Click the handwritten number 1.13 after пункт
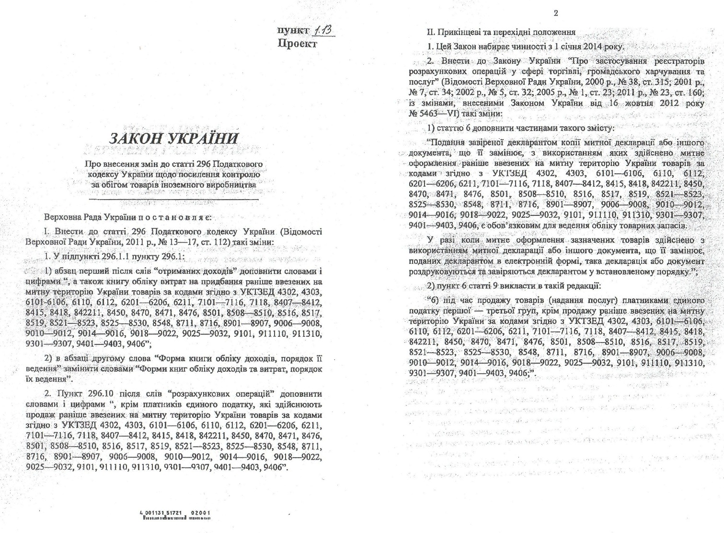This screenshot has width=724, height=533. click(x=323, y=31)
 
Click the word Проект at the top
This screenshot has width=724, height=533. click(x=297, y=44)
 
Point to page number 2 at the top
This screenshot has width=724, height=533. click(x=556, y=13)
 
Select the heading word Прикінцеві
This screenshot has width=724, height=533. click(x=457, y=33)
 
